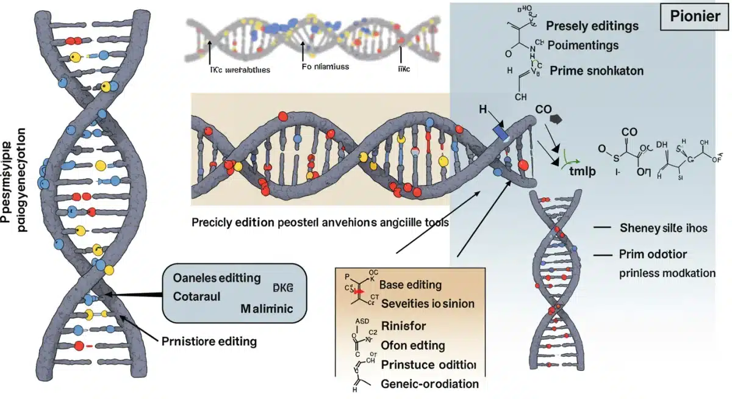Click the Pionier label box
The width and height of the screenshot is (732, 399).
[694, 16]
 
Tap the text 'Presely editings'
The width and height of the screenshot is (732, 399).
[592, 26]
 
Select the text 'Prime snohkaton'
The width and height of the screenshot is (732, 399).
[596, 70]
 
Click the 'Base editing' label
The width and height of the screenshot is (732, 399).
[411, 285]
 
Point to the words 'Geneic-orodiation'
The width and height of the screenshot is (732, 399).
[429, 384]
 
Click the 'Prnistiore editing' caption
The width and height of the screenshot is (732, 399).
[208, 342]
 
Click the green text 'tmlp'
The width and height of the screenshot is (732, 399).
[582, 171]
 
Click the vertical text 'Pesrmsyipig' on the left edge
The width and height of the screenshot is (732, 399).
[12, 183]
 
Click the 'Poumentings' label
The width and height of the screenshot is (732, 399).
[583, 45]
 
